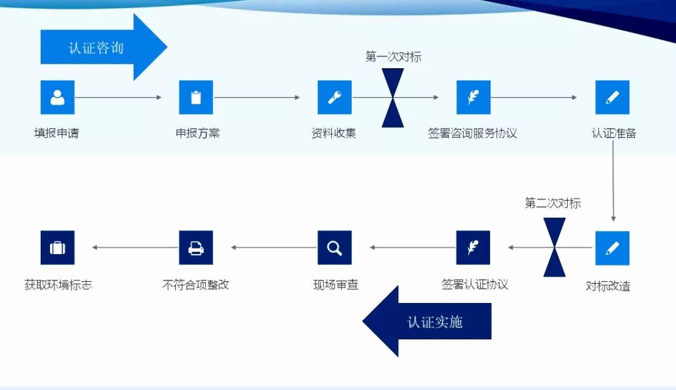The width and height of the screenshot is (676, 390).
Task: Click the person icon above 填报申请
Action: [58, 97]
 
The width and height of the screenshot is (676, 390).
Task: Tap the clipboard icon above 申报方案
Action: [196, 97]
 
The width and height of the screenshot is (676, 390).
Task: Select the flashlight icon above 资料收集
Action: [335, 97]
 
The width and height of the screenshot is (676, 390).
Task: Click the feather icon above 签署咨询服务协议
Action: [473, 97]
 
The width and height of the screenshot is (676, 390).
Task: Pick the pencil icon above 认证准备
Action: [612, 97]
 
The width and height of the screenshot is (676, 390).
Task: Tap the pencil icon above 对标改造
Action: [612, 248]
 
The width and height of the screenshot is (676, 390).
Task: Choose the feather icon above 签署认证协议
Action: [473, 247]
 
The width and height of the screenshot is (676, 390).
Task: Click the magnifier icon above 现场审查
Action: [335, 247]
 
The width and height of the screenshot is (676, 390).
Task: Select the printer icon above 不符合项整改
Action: [196, 247]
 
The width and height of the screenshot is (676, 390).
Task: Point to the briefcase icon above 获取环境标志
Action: [58, 247]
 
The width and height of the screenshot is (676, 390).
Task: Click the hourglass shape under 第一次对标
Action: [393, 98]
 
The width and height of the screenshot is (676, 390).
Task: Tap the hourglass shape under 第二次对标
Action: [555, 247]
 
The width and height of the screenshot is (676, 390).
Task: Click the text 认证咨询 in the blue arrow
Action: [96, 48]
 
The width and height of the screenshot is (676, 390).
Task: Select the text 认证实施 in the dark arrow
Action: [435, 322]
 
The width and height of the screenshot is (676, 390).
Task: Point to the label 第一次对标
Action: [393, 57]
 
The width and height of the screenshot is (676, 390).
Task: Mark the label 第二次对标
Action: [553, 203]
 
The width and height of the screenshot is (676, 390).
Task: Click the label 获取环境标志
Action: [58, 285]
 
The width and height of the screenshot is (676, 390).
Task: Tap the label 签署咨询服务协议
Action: [473, 133]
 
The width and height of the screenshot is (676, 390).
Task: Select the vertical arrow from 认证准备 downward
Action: [613, 182]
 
